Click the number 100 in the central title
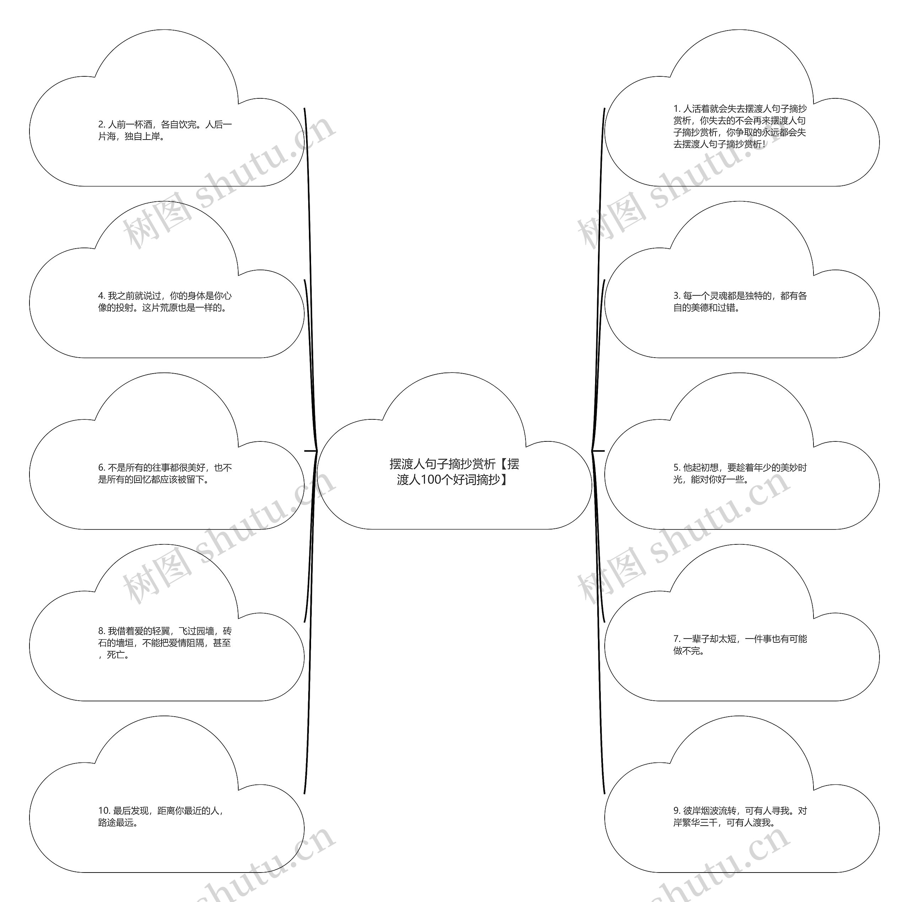pyautogui.click(x=430, y=479)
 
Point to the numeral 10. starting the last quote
pyautogui.click(x=104, y=811)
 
